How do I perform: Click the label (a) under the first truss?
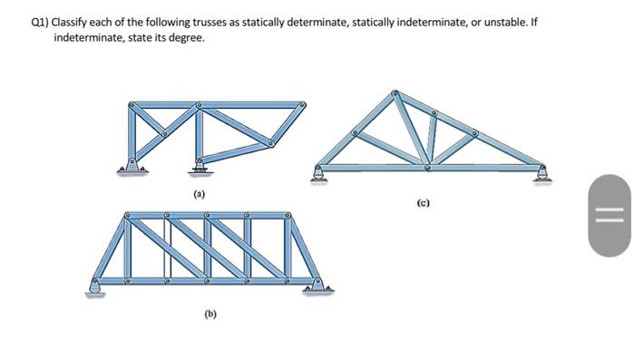[199, 195]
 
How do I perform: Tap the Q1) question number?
[40, 22]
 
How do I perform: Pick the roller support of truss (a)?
[199, 165]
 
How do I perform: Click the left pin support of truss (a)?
[132, 166]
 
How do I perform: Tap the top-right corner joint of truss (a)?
[302, 105]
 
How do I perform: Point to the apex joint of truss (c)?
[395, 93]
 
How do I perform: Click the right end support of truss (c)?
[542, 172]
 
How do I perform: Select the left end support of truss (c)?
[318, 172]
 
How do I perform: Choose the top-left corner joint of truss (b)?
[128, 217]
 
